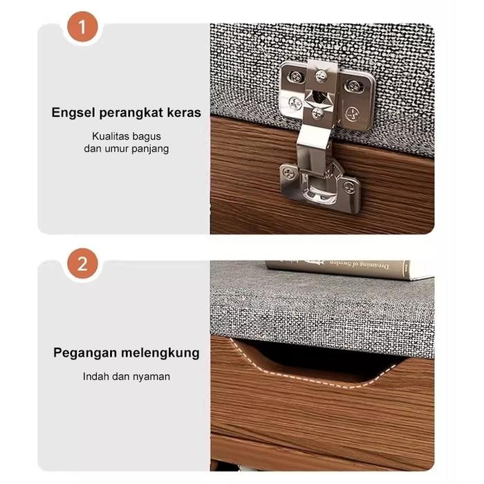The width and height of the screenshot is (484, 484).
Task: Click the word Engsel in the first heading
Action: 73,113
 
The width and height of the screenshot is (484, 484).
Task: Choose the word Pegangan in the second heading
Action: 83,353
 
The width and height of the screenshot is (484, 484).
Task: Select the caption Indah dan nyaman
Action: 127,377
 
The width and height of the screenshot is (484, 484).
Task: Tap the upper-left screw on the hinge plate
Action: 296,77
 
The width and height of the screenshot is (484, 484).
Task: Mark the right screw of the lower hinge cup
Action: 350,185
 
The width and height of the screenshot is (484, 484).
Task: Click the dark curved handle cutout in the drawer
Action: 311,360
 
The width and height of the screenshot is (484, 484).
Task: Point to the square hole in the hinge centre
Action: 319,95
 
